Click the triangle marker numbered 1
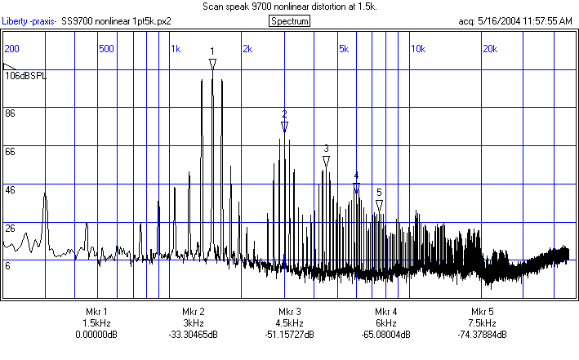click(212, 63)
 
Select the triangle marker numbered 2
click(285, 127)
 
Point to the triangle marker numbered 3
click(326, 161)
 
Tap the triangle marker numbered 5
click(380, 204)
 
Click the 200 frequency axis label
click(11, 48)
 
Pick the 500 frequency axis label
click(106, 48)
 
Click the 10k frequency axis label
click(417, 48)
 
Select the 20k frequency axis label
click(490, 48)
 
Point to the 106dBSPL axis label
click(26, 76)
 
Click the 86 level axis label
click(11, 113)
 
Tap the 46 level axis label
click(11, 190)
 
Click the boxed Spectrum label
click(289, 20)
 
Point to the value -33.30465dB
click(193, 335)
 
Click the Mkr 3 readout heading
click(289, 312)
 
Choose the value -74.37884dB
click(483, 335)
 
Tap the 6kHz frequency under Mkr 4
click(385, 323)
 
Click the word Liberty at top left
click(17, 20)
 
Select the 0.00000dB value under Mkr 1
click(96, 335)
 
